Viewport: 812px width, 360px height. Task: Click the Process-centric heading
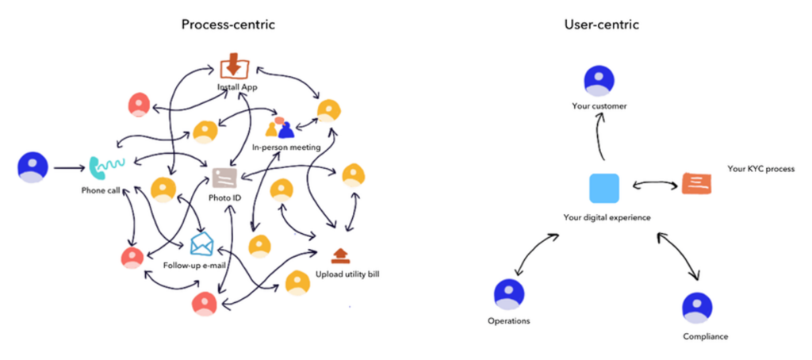pos(229,25)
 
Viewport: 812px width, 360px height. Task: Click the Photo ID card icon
pos(224,177)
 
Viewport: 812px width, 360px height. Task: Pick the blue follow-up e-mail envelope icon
pos(202,243)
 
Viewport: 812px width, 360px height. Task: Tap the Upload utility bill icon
pos(340,255)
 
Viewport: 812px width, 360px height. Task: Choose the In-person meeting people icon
pos(279,128)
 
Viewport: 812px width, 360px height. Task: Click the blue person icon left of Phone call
pos(33,168)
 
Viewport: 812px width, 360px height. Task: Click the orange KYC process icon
pos(695,184)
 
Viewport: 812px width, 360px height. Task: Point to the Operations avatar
pos(509,295)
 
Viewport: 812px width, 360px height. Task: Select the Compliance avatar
pos(698,308)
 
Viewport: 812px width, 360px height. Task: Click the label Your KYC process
pos(760,169)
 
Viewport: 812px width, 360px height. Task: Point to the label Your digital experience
pos(607,216)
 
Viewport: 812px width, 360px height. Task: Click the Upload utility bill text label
pos(347,274)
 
